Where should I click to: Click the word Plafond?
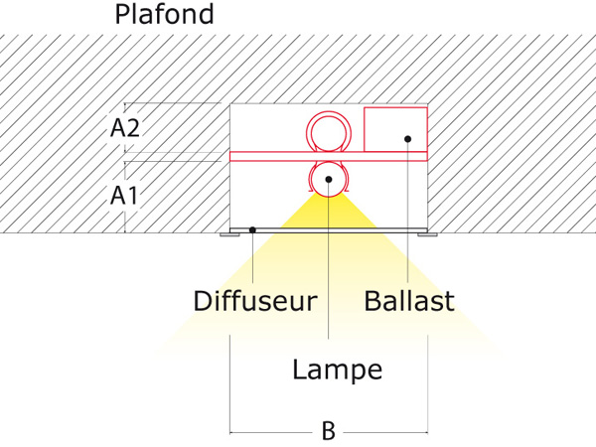pyautogui.click(x=164, y=15)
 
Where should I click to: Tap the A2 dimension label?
pyautogui.click(x=125, y=128)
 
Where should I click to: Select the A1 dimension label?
pyautogui.click(x=124, y=196)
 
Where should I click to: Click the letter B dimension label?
pyautogui.click(x=329, y=431)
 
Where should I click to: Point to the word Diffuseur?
pyautogui.click(x=255, y=301)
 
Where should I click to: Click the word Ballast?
pyautogui.click(x=409, y=301)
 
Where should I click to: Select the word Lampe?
pyautogui.click(x=337, y=370)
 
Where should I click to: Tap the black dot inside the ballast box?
pyautogui.click(x=408, y=139)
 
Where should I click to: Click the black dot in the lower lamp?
pyautogui.click(x=329, y=180)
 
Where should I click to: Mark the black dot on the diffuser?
pyautogui.click(x=252, y=230)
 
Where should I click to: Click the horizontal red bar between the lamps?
pyautogui.click(x=329, y=156)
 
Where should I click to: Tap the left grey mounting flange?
pyautogui.click(x=230, y=234)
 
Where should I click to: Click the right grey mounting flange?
pyautogui.click(x=427, y=234)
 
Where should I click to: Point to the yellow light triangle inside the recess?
pyautogui.click(x=329, y=215)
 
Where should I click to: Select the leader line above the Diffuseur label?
pyautogui.click(x=252, y=257)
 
